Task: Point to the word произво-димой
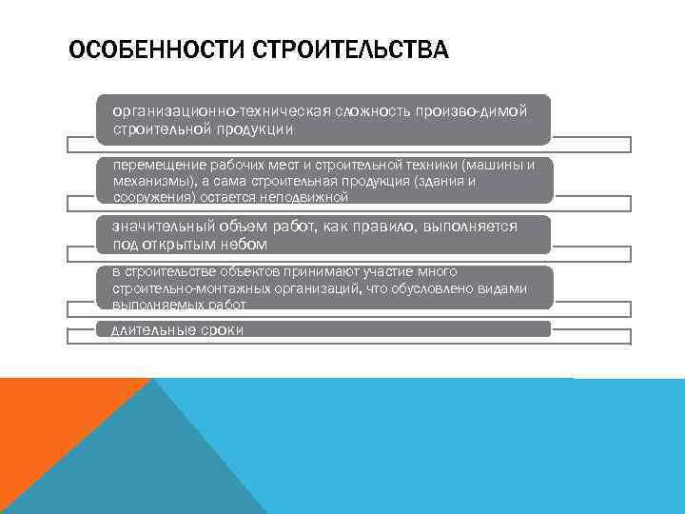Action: [x=470, y=111]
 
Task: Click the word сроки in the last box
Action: [x=222, y=330]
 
